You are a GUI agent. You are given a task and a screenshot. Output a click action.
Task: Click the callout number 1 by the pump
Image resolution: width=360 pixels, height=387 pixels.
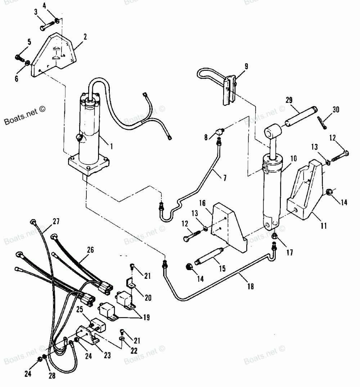111,146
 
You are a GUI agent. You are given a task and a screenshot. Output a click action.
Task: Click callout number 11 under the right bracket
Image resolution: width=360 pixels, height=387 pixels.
324,226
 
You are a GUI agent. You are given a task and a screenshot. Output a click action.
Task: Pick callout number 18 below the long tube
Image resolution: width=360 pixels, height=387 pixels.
251,286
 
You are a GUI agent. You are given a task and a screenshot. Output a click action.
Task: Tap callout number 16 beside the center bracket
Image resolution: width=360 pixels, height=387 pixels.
202,204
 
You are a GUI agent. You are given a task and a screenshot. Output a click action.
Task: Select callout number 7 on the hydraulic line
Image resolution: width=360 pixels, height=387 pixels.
224,178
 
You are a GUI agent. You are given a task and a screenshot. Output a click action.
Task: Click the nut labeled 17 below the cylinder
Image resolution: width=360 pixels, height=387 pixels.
275,236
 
